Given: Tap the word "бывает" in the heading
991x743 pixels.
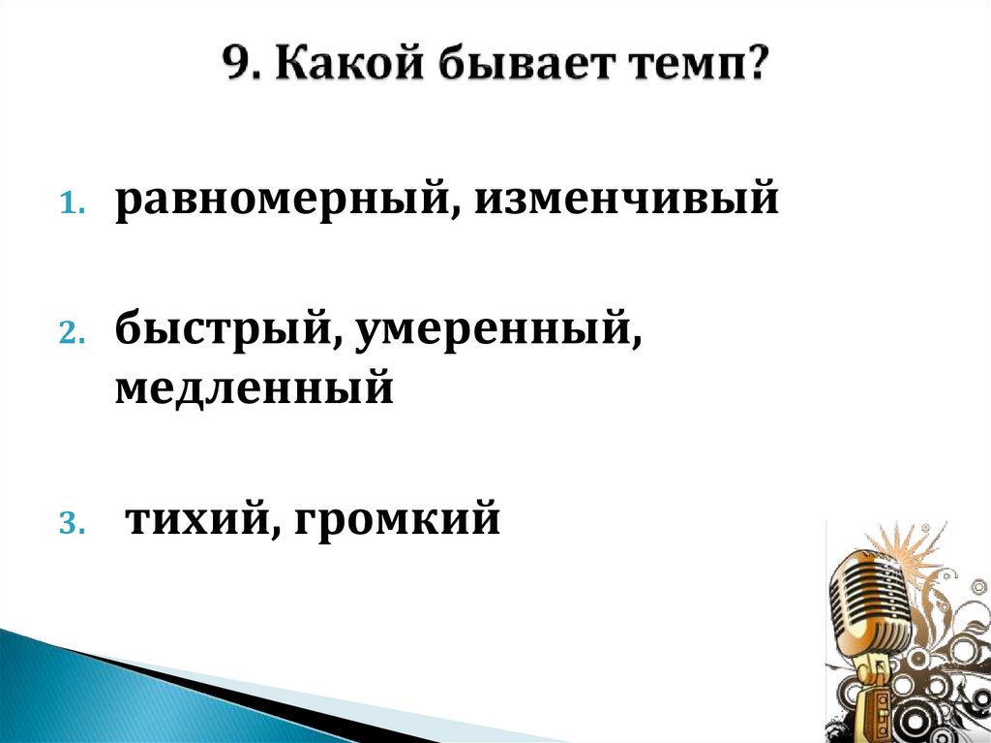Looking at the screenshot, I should [516, 69].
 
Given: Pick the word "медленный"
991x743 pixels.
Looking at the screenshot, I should [255, 388].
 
